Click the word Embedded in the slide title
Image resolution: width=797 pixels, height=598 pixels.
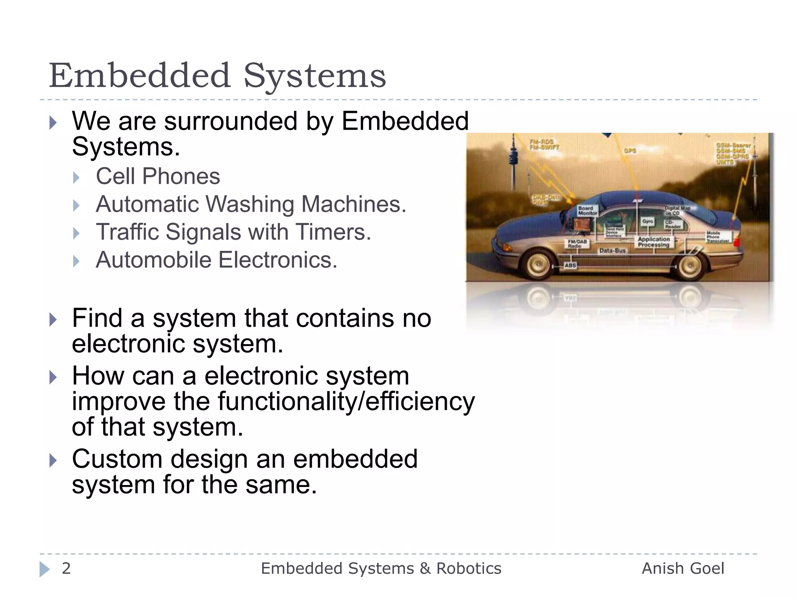tap(140, 76)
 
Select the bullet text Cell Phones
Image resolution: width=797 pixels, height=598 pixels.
tap(158, 176)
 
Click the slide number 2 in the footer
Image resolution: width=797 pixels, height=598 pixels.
tap(66, 568)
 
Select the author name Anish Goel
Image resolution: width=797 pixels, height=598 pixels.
tap(683, 568)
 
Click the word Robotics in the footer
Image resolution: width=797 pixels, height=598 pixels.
tap(469, 568)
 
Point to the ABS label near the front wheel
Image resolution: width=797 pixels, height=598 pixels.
tap(570, 266)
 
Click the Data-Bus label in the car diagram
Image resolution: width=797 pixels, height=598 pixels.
tap(612, 251)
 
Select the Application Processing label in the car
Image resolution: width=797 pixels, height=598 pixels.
tap(654, 242)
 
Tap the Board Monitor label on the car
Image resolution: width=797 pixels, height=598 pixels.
tap(587, 211)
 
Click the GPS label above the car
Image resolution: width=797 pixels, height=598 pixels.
tap(630, 151)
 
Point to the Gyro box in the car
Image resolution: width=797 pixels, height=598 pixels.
tap(648, 221)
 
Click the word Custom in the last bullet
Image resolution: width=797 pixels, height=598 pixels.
tap(117, 459)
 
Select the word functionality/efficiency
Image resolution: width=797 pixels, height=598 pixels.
tap(346, 401)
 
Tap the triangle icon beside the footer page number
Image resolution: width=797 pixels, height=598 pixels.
tap(45, 569)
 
